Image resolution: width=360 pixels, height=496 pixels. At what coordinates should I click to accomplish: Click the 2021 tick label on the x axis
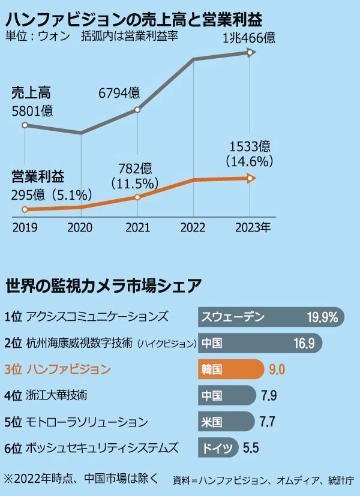tap(137, 229)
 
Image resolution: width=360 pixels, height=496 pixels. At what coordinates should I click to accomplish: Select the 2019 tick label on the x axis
tap(25, 229)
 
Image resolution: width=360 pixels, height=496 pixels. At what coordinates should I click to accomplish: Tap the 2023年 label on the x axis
tap(253, 229)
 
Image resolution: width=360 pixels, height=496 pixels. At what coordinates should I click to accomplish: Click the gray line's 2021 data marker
tap(137, 110)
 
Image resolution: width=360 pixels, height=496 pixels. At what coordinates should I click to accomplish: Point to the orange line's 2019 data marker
tap(25, 209)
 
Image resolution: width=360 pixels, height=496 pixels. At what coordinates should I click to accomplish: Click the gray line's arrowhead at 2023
tap(252, 53)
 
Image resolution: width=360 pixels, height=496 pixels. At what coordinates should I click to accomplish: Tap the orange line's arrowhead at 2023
tap(252, 178)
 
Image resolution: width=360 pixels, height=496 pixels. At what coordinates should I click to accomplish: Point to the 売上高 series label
tap(32, 93)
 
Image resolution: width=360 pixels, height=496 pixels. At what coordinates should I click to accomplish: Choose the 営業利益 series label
tap(38, 177)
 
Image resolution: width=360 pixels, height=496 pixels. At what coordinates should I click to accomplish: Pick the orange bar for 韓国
tap(230, 369)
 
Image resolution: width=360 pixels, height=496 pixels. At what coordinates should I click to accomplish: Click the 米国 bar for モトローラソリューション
tap(225, 421)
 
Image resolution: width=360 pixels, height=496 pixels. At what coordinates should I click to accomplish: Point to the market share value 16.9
tap(304, 343)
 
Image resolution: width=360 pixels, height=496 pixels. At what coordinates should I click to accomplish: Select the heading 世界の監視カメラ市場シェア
tap(103, 286)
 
